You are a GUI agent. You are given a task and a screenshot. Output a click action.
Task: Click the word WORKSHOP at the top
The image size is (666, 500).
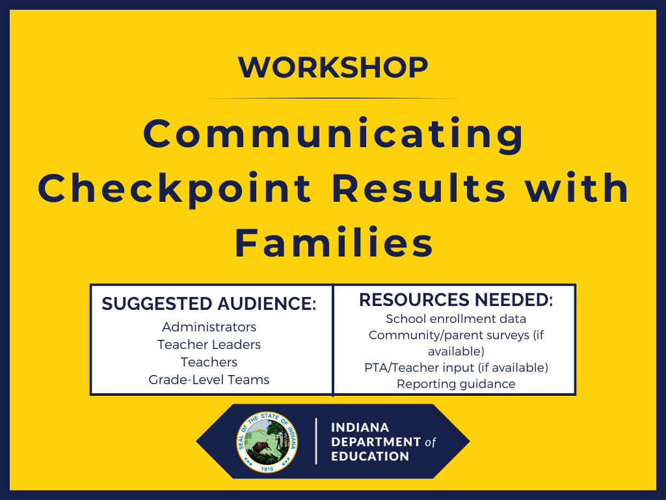[x=333, y=67]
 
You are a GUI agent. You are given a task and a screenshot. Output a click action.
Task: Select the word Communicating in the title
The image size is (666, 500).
[x=333, y=134]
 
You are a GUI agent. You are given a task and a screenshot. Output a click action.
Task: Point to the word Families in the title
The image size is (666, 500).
[x=334, y=243]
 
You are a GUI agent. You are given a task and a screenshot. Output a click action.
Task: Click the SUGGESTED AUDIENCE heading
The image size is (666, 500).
[x=209, y=304]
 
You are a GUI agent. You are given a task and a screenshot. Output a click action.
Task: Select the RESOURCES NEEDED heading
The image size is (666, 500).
[x=456, y=300]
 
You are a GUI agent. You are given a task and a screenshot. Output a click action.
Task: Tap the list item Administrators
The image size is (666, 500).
[x=209, y=327]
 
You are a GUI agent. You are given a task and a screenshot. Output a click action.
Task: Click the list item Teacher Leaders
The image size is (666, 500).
[x=209, y=344]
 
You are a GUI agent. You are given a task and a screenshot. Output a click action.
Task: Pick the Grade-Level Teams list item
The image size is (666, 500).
[x=209, y=380]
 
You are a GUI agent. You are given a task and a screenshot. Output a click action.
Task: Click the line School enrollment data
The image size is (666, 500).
[x=456, y=319]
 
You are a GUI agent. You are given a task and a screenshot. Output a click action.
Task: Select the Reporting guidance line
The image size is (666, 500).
[x=456, y=384]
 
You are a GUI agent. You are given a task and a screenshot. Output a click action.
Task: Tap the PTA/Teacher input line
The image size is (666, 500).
[x=456, y=368]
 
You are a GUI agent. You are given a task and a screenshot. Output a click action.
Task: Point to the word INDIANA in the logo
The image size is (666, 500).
[x=360, y=428]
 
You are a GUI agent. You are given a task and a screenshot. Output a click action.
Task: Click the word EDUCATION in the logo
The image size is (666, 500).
[x=370, y=456]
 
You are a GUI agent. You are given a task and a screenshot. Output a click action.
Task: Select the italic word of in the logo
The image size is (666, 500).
[x=430, y=442]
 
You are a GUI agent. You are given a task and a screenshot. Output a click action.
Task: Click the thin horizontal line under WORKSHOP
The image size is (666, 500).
[x=333, y=98]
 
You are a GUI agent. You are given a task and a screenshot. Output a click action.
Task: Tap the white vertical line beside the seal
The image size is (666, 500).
[x=316, y=441]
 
